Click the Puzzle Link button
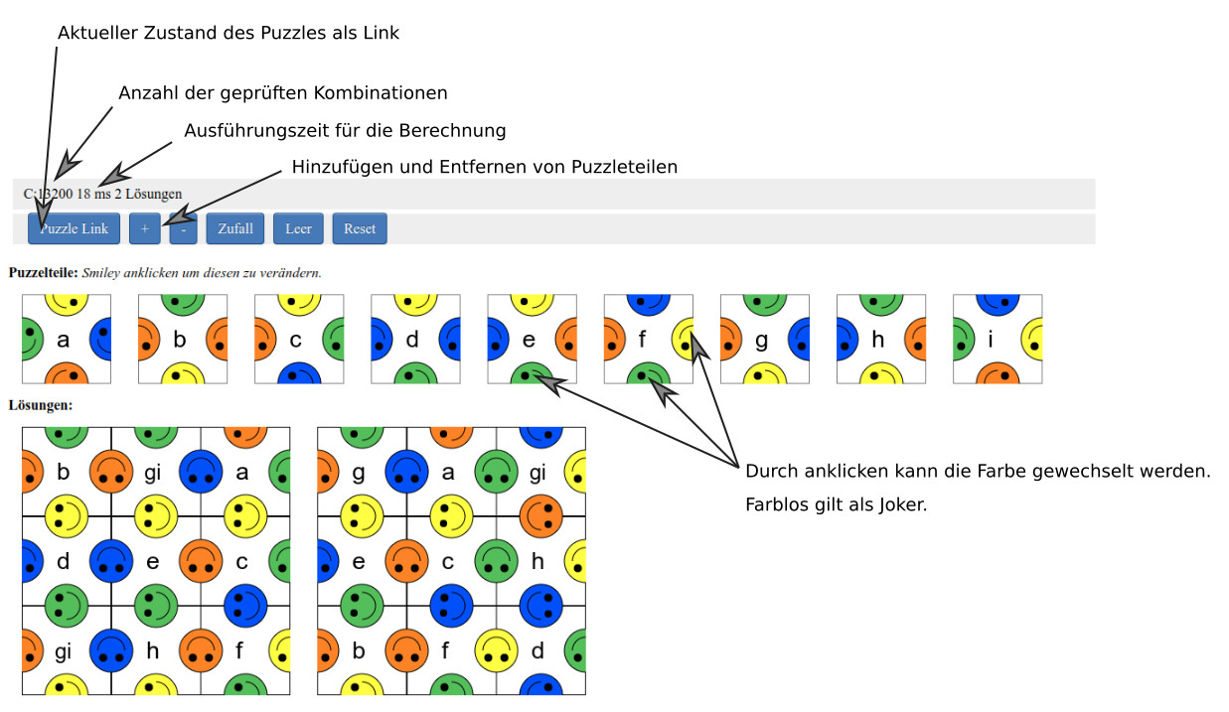click(75, 228)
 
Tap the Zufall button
click(235, 228)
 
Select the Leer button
click(298, 228)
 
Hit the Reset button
click(360, 228)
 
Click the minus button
click(183, 228)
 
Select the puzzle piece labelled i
click(997, 340)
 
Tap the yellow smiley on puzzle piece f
click(684, 339)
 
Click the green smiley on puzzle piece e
click(532, 373)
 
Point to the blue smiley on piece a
click(100, 339)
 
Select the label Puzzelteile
click(43, 272)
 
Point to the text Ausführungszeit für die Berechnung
click(345, 131)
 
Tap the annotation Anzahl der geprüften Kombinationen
click(282, 93)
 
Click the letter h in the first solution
click(153, 651)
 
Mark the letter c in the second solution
click(448, 562)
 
